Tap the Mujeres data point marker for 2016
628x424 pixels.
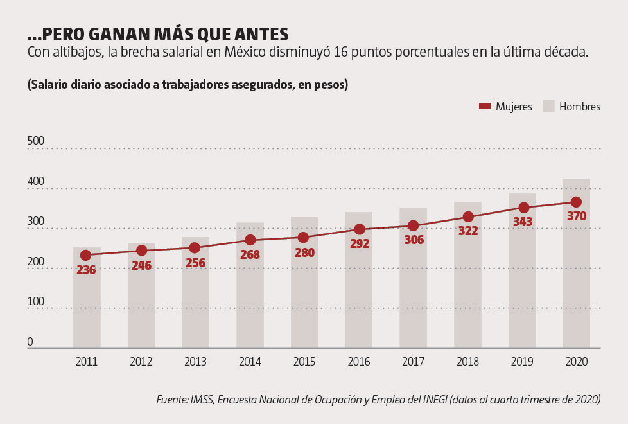tap(360, 229)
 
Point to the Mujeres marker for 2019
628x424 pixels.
tap(524, 208)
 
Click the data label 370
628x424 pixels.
tap(577, 216)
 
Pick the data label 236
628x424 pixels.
tap(86, 270)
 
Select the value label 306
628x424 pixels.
tap(414, 240)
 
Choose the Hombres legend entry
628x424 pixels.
tap(572, 107)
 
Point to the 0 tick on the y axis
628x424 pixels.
tap(30, 342)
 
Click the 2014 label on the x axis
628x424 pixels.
tap(250, 362)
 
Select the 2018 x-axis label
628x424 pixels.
tap(467, 362)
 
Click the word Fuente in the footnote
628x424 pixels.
tap(171, 400)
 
